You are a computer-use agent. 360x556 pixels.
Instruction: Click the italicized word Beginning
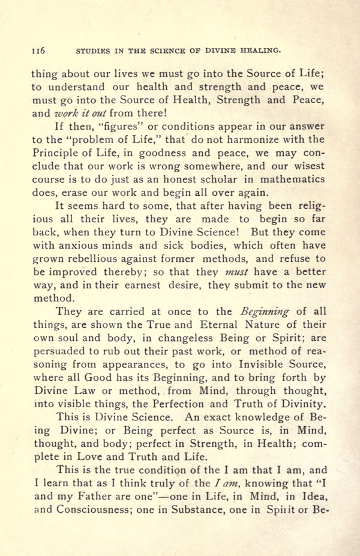tap(265, 312)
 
